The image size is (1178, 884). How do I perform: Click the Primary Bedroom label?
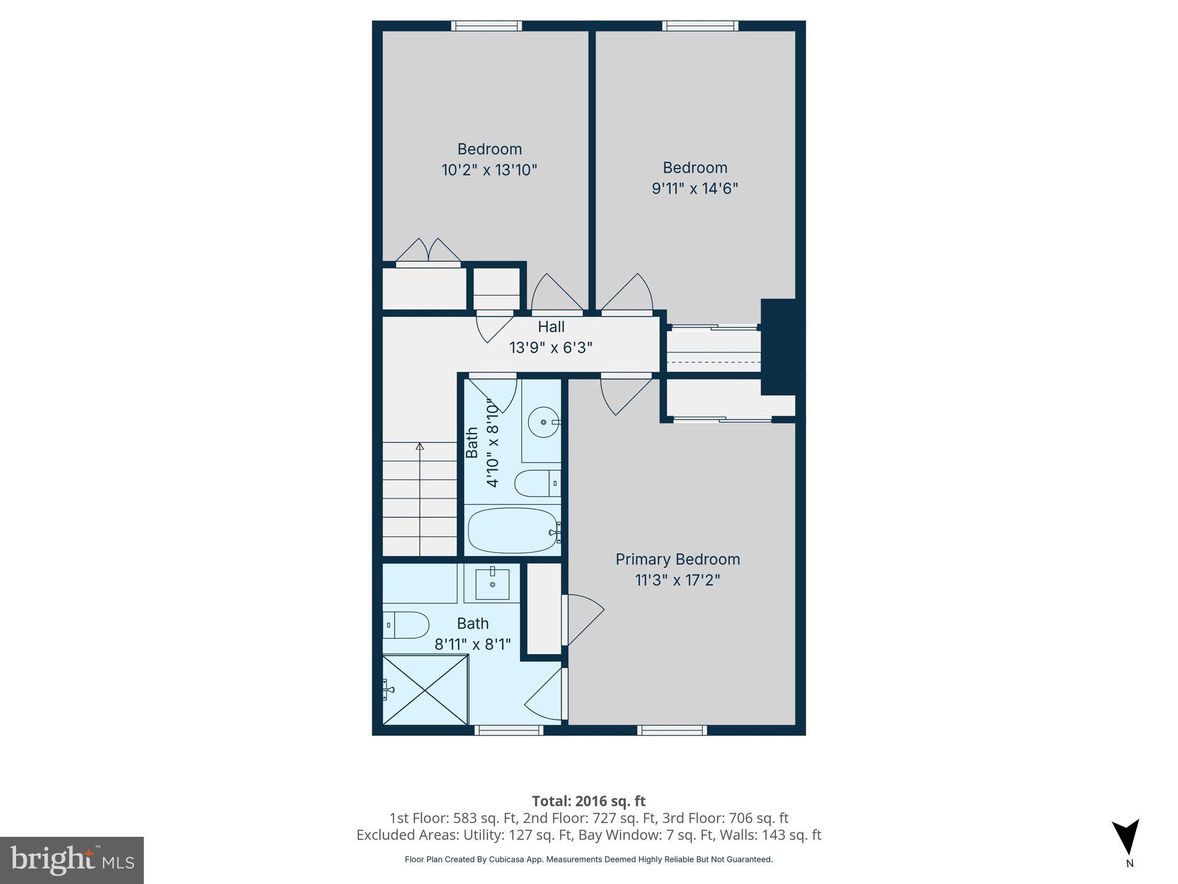click(x=678, y=559)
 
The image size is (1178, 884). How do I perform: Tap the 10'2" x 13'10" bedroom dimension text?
click(x=489, y=170)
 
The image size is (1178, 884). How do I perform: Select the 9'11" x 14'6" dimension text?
click(x=694, y=188)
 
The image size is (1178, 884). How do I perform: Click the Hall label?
click(x=551, y=327)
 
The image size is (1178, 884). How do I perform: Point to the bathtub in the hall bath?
click(x=512, y=530)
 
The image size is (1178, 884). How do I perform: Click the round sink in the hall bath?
click(x=544, y=422)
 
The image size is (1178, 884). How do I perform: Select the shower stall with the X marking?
click(x=425, y=690)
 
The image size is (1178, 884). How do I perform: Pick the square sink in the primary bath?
click(x=492, y=584)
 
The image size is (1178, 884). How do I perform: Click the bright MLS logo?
click(x=72, y=860)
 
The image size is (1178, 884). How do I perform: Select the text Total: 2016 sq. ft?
click(x=588, y=801)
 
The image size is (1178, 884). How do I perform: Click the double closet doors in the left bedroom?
click(x=429, y=252)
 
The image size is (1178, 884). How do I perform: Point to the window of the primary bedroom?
click(x=672, y=730)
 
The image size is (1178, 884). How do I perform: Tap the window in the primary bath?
click(x=509, y=730)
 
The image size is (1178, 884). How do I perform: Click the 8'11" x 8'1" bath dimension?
click(x=472, y=644)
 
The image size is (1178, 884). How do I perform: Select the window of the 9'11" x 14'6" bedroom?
click(x=700, y=25)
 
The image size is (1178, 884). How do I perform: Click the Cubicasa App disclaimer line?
click(x=588, y=859)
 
